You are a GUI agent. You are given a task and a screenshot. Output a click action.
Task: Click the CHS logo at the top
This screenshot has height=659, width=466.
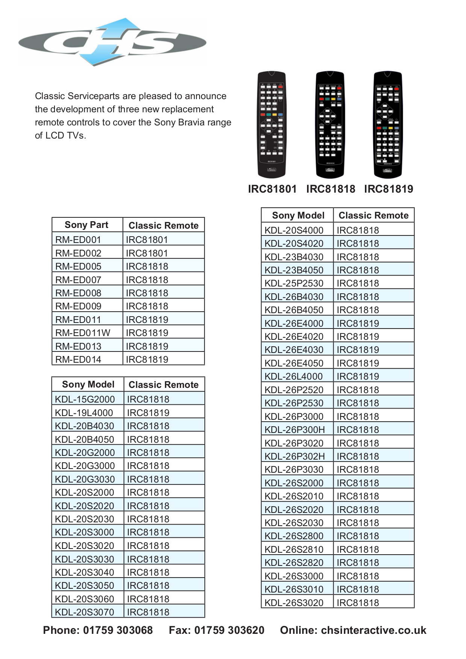pos(112,42)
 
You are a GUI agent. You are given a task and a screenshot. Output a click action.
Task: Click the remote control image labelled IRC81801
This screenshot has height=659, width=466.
pos(271,124)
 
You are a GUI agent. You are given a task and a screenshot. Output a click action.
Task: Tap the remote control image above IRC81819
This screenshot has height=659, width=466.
pos(387,124)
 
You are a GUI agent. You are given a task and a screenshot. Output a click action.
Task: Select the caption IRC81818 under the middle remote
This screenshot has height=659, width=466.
pos(330,189)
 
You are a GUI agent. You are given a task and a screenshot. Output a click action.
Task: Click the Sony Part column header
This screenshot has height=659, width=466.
pos(86,225)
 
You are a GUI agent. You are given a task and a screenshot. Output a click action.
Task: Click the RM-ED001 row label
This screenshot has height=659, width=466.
pos(78,240)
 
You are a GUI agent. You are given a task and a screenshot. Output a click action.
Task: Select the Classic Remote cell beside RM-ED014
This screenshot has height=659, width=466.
pos(147,359)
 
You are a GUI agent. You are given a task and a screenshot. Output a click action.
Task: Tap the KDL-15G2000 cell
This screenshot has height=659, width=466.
pos(85,399)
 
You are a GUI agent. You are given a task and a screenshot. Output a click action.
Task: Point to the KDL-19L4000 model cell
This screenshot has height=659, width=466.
pos(84,413)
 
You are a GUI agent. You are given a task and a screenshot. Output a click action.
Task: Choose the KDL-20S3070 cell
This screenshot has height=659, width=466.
pos(85,612)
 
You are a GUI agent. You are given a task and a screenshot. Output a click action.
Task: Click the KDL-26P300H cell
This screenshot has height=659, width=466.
pos(295,430)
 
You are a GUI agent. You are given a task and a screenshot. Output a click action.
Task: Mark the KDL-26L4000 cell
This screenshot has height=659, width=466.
pos(294,376)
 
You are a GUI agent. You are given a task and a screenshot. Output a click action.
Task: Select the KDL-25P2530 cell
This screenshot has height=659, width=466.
pos(294,283)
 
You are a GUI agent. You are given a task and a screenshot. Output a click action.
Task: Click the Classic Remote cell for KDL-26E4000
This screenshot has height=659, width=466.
pos(358,323)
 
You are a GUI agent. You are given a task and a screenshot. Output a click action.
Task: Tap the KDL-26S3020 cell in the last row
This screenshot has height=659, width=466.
pos(294,603)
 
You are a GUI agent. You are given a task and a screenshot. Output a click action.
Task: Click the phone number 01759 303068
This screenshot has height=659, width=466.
pos(118,630)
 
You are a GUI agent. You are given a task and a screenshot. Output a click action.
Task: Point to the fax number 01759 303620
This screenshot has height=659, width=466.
pos(229,630)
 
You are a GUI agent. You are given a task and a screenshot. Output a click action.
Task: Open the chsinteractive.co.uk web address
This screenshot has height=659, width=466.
pos(374,630)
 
